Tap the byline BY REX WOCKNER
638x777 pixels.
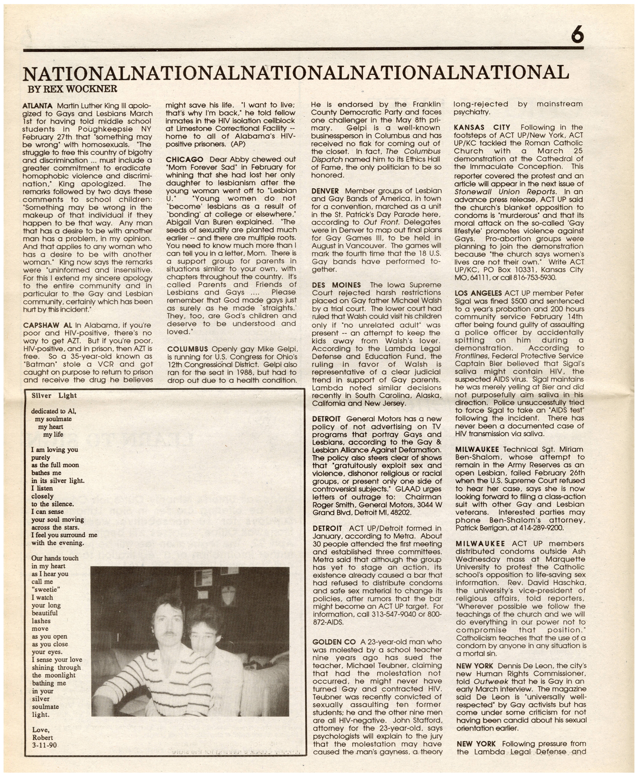[x=72, y=89]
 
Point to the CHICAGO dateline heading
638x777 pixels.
[x=184, y=160]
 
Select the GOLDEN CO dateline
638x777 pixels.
[x=334, y=642]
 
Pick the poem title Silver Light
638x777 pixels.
[x=54, y=396]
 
